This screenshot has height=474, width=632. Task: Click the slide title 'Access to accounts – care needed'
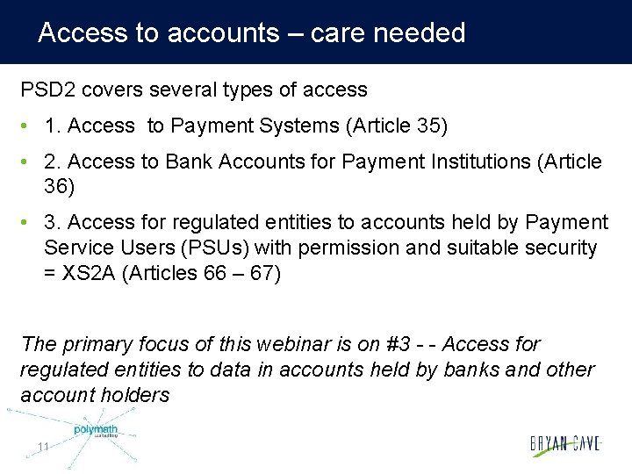click(251, 33)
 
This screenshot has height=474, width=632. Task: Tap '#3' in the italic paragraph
click(409, 344)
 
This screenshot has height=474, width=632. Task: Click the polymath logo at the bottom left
click(95, 431)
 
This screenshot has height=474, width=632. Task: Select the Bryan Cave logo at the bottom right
click(564, 444)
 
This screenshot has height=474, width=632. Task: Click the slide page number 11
click(43, 448)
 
